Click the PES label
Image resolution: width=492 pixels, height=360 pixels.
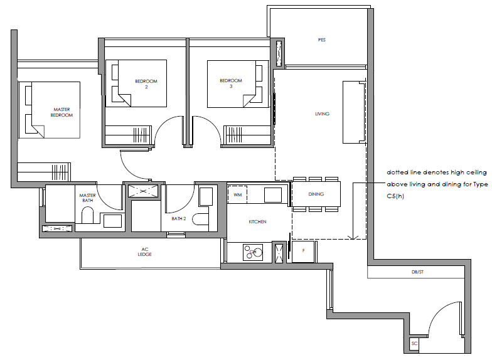[321, 40]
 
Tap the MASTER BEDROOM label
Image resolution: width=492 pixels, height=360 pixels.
[61, 112]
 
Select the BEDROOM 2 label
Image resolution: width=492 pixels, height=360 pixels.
[146, 84]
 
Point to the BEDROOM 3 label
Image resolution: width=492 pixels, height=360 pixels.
[231, 83]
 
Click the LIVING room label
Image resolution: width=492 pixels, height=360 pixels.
[323, 114]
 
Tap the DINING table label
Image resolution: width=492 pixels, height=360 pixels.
[316, 194]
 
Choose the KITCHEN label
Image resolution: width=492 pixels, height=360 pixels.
[257, 222]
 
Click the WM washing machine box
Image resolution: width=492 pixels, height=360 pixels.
[237, 194]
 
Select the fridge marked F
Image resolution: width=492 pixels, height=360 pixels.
[303, 251]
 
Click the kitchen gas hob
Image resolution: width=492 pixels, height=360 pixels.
[253, 252]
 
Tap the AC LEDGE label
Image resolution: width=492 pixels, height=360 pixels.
[144, 252]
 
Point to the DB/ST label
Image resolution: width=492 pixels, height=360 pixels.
[417, 272]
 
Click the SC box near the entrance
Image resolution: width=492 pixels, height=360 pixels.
[414, 344]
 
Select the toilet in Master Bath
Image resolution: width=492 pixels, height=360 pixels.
[88, 216]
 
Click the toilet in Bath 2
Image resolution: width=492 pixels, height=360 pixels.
[201, 220]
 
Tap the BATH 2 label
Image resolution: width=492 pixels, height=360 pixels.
[179, 218]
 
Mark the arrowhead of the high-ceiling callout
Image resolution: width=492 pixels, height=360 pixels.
[353, 237]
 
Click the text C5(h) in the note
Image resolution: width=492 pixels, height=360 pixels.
[395, 196]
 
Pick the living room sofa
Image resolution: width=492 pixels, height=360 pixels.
[354, 112]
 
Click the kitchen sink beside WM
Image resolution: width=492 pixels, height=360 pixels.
[272, 194]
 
